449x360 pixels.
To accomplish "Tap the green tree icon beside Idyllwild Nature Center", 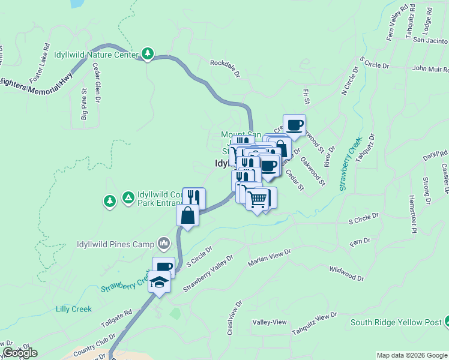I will pos(148,54).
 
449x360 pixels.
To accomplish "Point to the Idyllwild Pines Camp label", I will pos(116,244).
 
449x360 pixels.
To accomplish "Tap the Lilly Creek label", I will pos(73,309).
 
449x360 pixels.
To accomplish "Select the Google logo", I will pos(20,353).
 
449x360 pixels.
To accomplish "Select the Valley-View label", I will pos(270,322).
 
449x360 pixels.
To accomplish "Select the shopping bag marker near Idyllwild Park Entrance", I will pos(188,215).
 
